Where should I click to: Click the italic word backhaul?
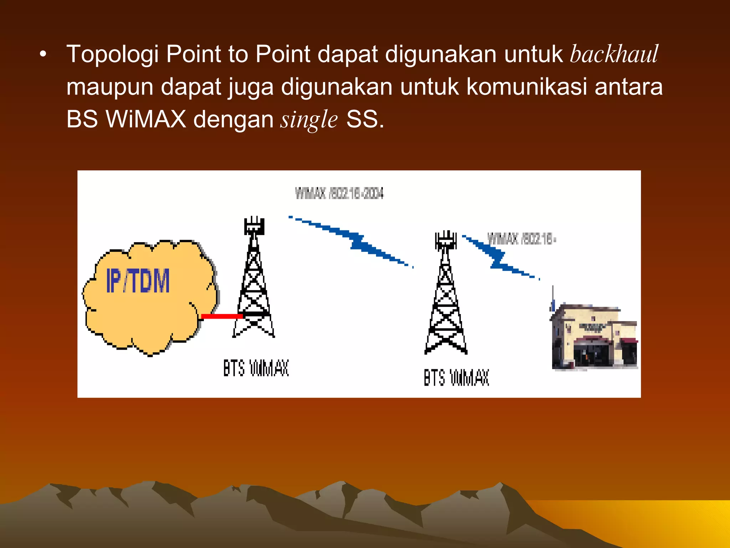click(x=614, y=54)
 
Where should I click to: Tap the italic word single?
click(x=309, y=120)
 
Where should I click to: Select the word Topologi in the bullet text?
click(x=112, y=55)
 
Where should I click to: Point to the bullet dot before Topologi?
click(x=43, y=55)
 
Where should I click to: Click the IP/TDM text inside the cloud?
click(x=138, y=281)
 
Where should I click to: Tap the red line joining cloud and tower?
click(x=222, y=316)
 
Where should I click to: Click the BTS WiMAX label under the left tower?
click(x=256, y=368)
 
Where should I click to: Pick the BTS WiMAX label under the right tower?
click(x=456, y=377)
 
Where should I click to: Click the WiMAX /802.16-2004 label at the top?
click(x=339, y=193)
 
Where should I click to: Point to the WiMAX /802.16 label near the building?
click(x=521, y=239)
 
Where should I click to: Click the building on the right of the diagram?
click(x=593, y=337)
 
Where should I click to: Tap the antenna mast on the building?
click(x=553, y=298)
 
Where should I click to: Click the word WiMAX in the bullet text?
click(x=146, y=119)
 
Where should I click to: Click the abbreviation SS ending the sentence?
click(x=362, y=119)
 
